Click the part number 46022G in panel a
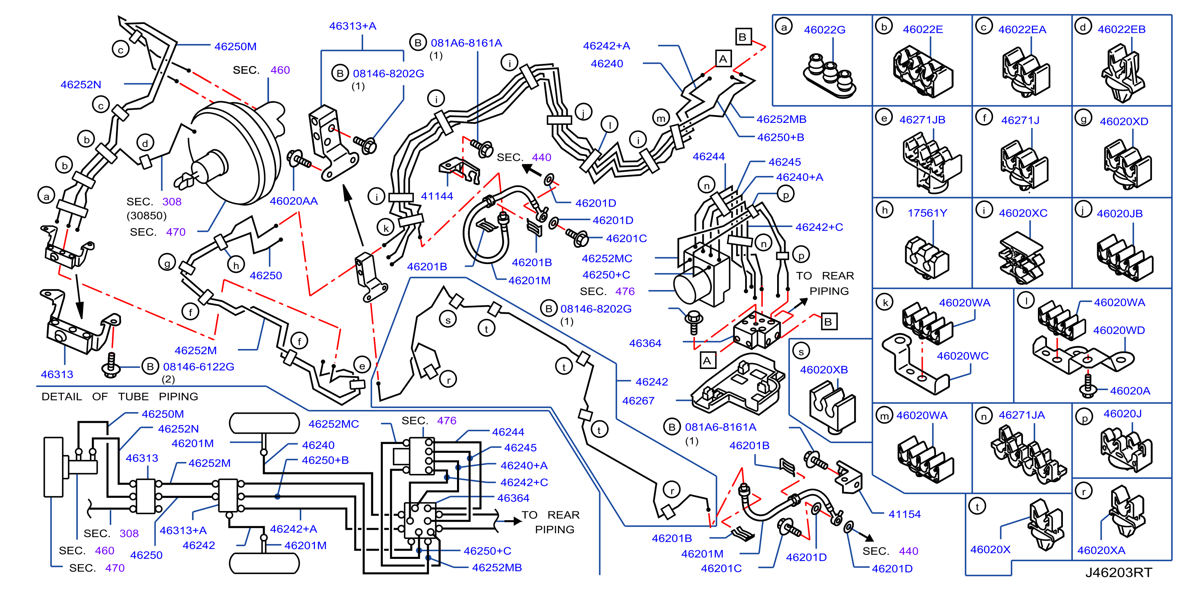tap(824, 30)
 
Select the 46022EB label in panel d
tap(1121, 30)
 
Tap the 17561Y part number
tap(927, 213)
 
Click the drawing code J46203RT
tap(1118, 572)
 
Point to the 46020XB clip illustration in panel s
tap(832, 406)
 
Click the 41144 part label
tap(437, 196)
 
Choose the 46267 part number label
tap(638, 401)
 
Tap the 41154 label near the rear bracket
tap(904, 514)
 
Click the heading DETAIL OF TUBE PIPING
tap(120, 397)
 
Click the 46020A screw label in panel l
tap(1130, 391)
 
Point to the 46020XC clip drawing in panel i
tap(1021, 258)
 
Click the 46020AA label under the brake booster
tap(293, 201)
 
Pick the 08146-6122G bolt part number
tap(198, 367)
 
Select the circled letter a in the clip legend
tap(784, 27)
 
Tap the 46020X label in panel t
tap(990, 549)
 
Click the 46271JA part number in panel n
tap(1021, 415)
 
